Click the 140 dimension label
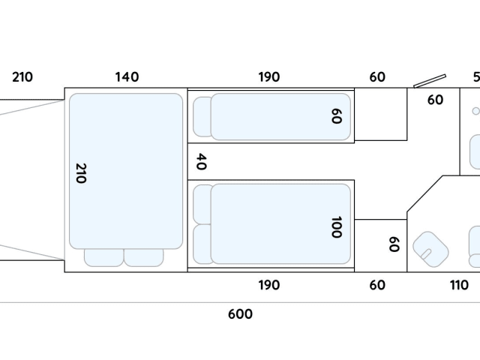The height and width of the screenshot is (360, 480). tap(127, 76)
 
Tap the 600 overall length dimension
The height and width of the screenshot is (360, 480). tap(240, 314)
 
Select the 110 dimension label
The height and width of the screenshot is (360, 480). tap(459, 285)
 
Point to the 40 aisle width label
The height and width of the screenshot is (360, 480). tap(200, 161)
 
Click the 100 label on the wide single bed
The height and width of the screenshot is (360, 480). tap(335, 226)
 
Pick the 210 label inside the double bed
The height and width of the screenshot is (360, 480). tap(81, 174)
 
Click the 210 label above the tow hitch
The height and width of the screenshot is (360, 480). tap(22, 76)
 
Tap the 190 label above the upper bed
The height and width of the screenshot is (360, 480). tap(268, 76)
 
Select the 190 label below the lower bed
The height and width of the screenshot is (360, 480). tap(268, 285)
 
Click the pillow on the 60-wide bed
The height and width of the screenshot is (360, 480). tap(202, 117)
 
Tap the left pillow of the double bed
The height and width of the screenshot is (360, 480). tap(103, 257)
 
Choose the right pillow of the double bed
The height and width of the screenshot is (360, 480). tap(143, 257)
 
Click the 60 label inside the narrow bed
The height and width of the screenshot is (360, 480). tap(335, 116)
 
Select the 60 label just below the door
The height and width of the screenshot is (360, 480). tap(435, 100)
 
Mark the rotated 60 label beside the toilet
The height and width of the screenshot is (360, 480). tap(394, 244)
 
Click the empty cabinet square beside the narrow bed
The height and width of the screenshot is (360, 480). tap(380, 114)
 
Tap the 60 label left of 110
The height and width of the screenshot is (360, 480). tap(377, 285)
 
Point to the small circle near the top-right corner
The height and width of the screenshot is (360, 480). tap(475, 110)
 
